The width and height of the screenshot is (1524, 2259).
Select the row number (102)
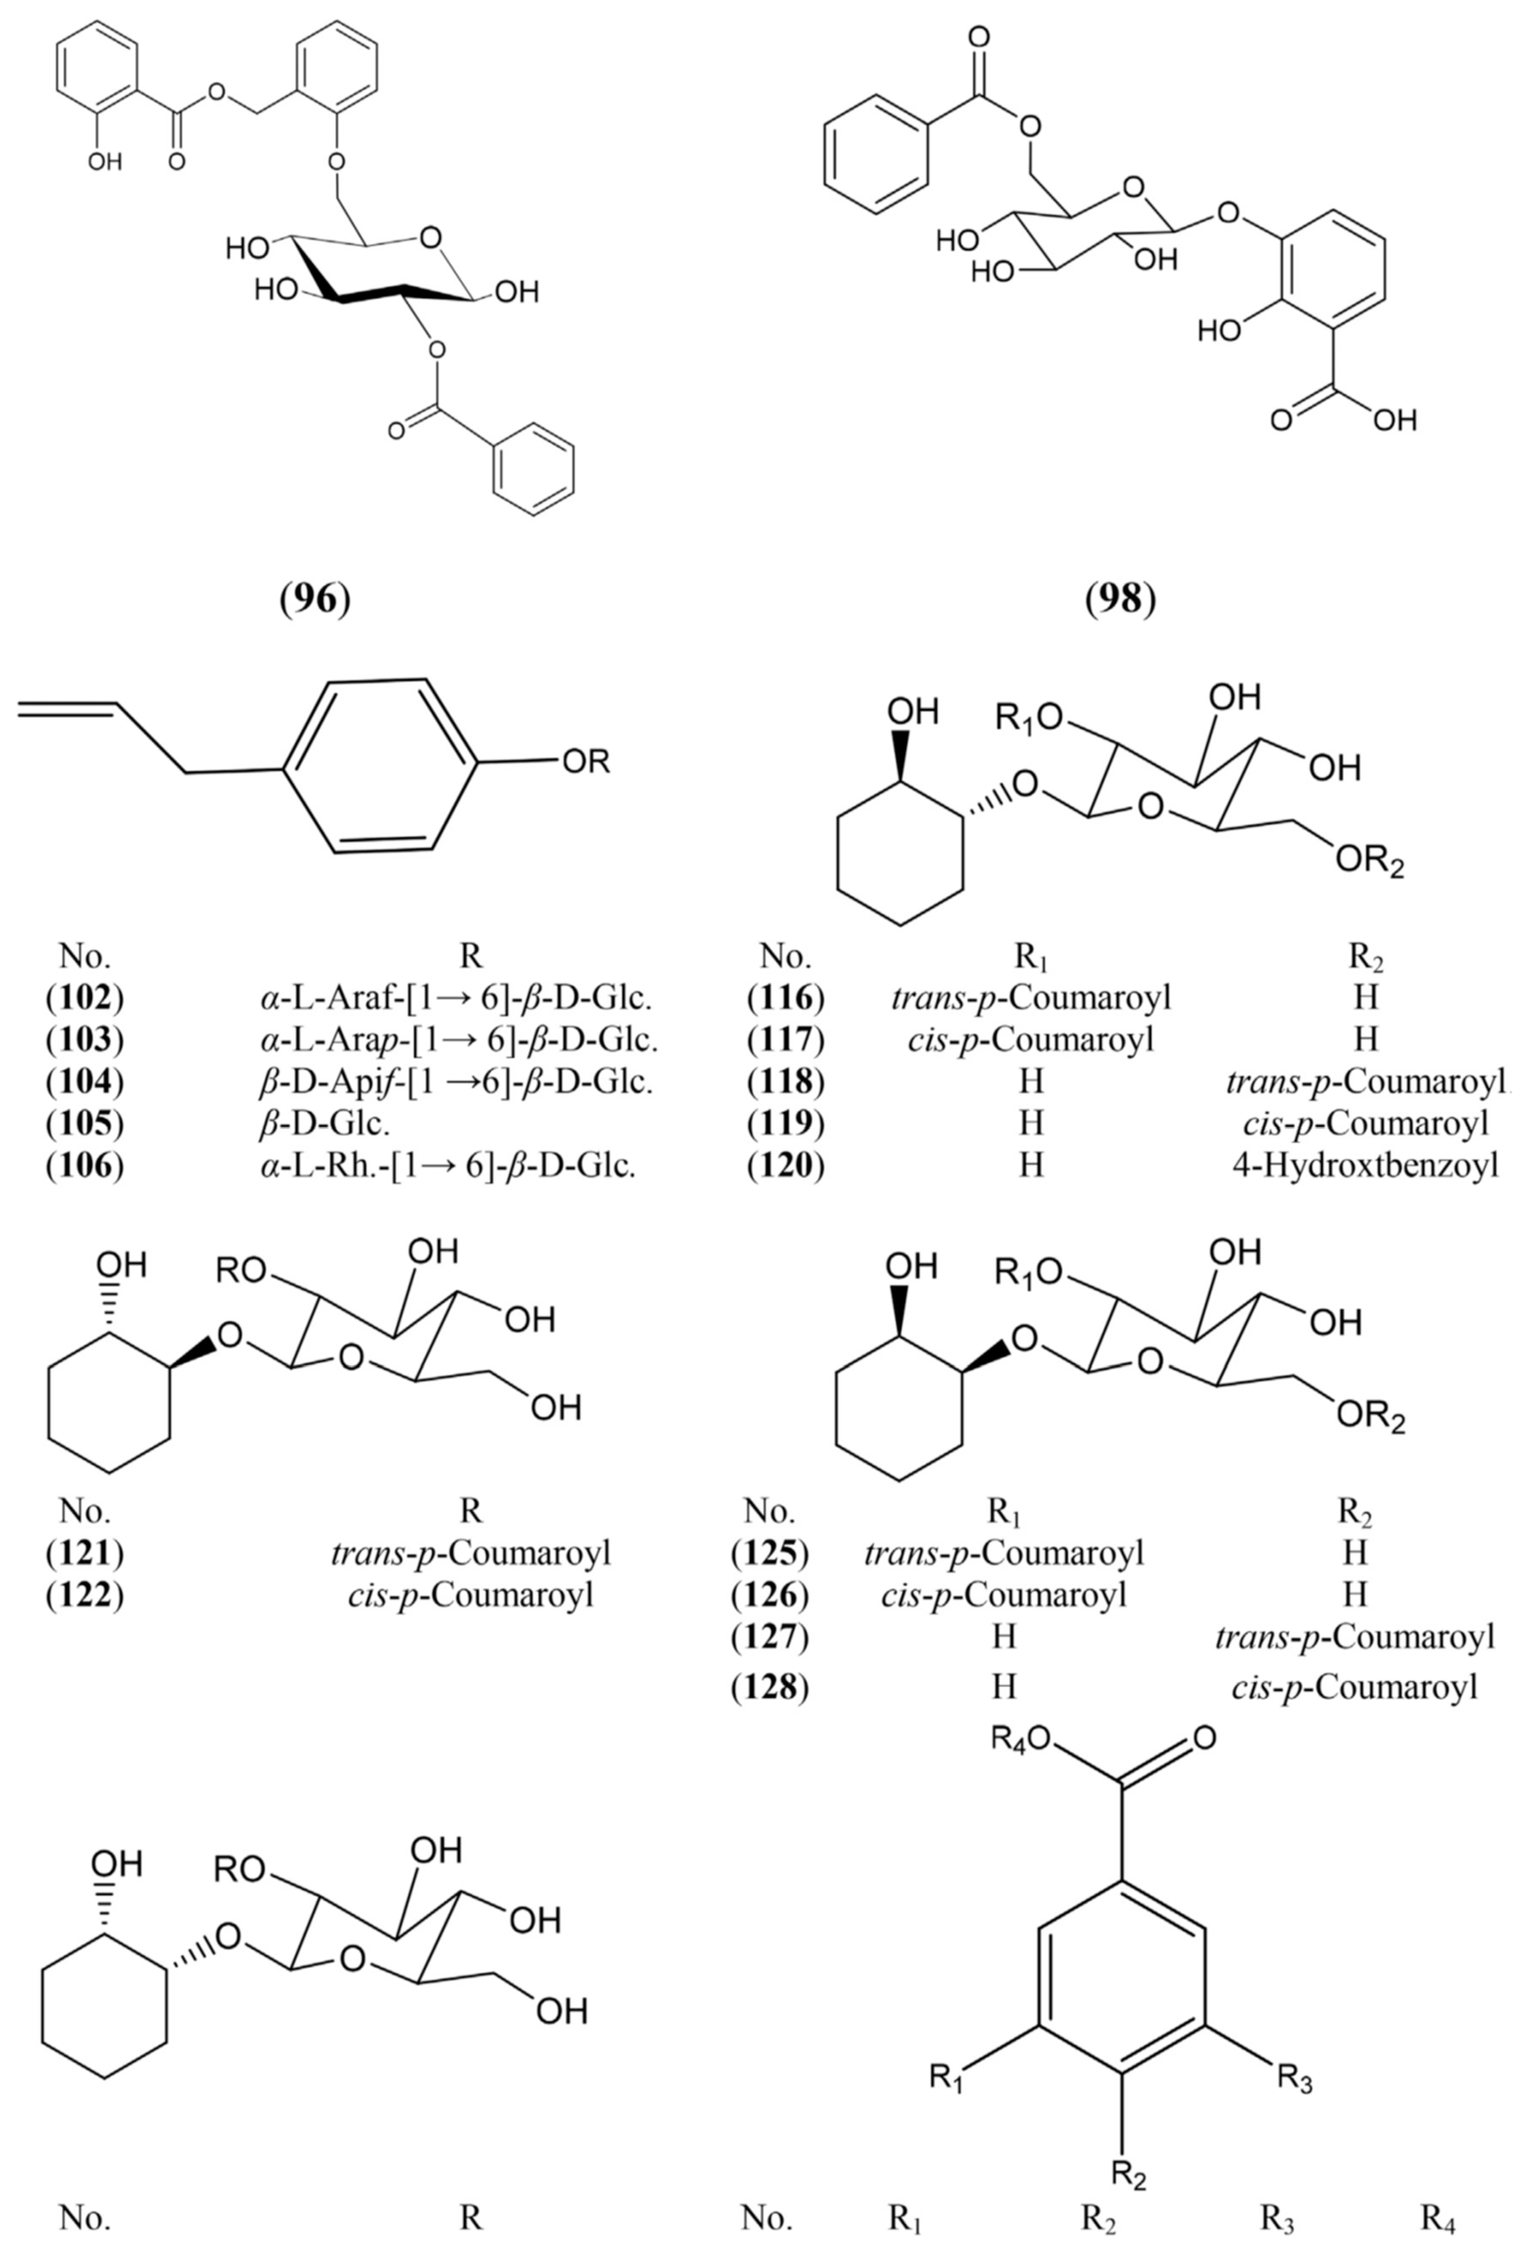pyautogui.click(x=86, y=998)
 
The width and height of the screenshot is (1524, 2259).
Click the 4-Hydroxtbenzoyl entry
pyautogui.click(x=1365, y=1164)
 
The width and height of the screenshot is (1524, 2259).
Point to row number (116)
pyautogui.click(x=786, y=998)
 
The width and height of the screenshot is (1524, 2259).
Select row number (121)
pyautogui.click(x=86, y=1553)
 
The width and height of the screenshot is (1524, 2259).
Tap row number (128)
pyautogui.click(x=770, y=1687)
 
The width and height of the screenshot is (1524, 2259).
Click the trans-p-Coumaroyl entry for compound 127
pyautogui.click(x=1355, y=1638)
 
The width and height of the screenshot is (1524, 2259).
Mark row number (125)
pyautogui.click(x=770, y=1553)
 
